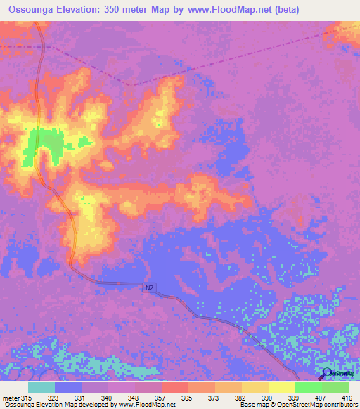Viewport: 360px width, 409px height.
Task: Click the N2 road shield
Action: click(x=150, y=287)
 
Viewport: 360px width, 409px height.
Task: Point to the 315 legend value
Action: click(x=28, y=397)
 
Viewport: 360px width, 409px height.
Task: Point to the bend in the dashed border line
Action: click(x=130, y=86)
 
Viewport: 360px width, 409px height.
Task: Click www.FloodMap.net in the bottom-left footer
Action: click(x=145, y=405)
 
